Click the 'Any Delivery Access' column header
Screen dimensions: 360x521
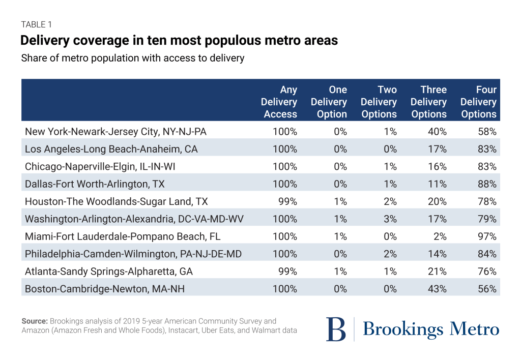(279, 102)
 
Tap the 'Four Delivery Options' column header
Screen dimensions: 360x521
(479, 102)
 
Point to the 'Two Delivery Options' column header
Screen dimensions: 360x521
(379, 102)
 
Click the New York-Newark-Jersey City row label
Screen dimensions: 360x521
(115, 132)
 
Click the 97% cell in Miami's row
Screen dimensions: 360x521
(487, 236)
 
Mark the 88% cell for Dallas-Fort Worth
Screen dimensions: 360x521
(487, 184)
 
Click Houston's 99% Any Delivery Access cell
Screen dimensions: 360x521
(288, 201)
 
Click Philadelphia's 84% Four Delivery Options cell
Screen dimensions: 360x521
(487, 254)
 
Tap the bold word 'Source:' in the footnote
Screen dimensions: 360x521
(34, 321)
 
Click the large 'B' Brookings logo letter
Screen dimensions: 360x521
(336, 329)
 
